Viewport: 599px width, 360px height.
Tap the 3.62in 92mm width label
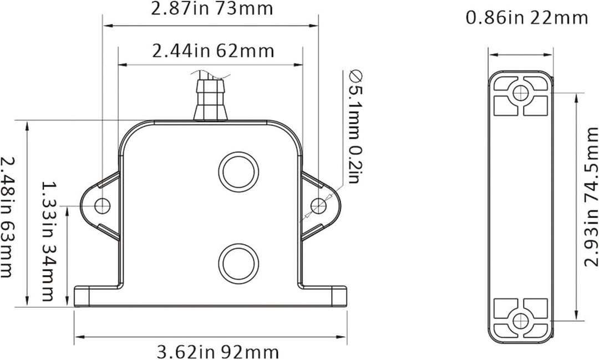(x=218, y=352)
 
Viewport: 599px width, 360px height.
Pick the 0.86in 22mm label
(x=526, y=18)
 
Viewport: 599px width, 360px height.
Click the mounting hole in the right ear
(x=318, y=206)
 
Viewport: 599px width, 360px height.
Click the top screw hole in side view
(x=520, y=93)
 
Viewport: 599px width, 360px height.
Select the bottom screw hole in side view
(x=520, y=321)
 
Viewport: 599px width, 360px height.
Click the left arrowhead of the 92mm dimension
(x=78, y=336)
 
